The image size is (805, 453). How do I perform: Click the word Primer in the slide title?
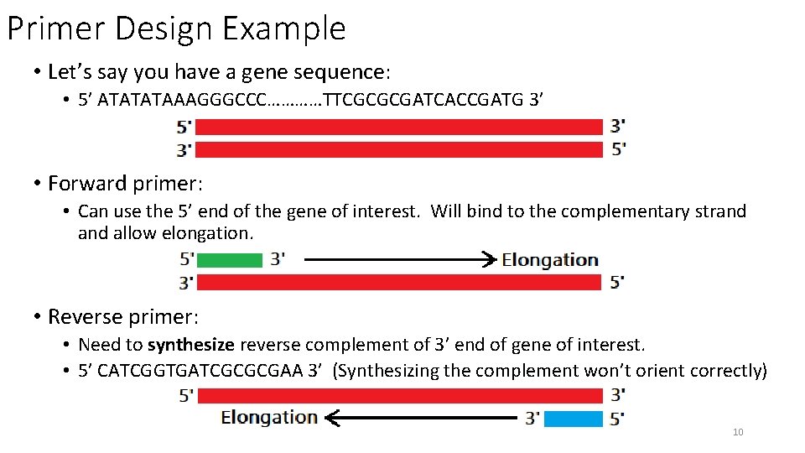55,29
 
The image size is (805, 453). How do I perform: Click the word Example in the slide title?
284,29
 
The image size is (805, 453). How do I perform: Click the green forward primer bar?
229,260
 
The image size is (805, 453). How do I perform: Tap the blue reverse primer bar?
573,419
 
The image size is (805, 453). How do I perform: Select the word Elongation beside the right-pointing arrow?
550,260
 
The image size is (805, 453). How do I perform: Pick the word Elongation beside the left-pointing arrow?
269,417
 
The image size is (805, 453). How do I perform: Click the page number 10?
738,432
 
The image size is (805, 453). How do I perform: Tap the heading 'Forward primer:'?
125,183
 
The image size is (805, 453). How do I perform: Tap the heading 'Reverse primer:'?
123,316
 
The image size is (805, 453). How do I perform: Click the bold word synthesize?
191,345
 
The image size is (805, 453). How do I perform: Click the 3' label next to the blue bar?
532,418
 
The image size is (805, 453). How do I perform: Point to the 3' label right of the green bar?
278,259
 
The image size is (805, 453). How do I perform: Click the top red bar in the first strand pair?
399,127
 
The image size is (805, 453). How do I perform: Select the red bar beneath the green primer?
399,283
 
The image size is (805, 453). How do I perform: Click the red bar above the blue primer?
399,394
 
